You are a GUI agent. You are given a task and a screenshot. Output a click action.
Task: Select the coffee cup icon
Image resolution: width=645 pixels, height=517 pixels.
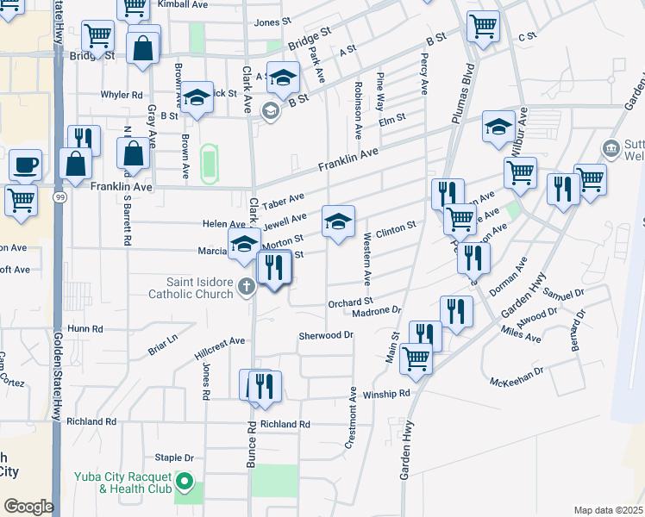click(x=25, y=164)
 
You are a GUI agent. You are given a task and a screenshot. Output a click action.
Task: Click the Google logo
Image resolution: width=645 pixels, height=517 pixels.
click(x=28, y=507)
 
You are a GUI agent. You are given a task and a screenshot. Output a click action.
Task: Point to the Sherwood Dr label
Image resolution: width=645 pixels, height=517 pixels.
click(x=326, y=335)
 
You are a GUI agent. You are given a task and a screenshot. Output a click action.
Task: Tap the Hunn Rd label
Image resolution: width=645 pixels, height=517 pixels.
click(x=85, y=328)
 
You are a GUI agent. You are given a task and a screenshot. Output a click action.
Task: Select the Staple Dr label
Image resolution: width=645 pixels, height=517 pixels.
click(x=174, y=458)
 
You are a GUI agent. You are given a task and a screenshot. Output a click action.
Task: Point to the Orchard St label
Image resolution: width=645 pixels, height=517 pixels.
click(x=349, y=302)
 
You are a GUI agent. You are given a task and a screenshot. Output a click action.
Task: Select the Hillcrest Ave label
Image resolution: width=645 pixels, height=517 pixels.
click(x=221, y=347)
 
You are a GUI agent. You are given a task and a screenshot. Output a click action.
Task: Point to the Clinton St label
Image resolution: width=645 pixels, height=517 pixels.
click(x=396, y=225)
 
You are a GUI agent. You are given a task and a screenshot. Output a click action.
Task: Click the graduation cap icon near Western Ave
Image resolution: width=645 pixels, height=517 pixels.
click(x=339, y=222)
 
